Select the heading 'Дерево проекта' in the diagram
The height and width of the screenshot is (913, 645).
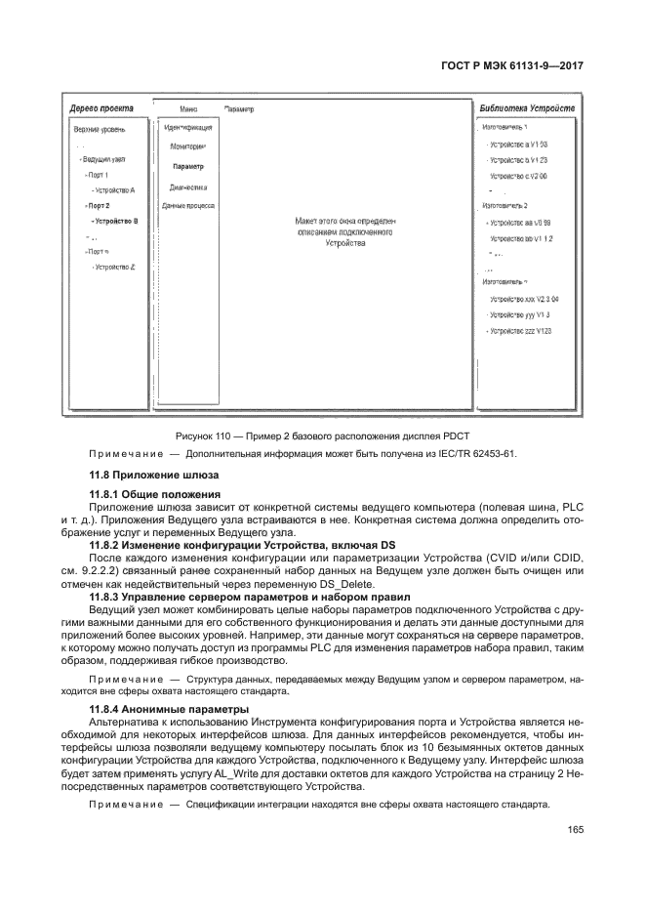click(x=101, y=107)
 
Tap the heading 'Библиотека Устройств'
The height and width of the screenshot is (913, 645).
click(x=528, y=107)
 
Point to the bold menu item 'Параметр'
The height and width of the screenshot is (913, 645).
click(x=187, y=167)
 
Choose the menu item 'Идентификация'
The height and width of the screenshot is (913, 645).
click(x=187, y=128)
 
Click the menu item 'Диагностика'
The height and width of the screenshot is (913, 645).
click(x=187, y=187)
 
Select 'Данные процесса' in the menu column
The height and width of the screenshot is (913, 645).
click(x=187, y=206)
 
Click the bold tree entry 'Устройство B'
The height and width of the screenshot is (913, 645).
click(x=116, y=222)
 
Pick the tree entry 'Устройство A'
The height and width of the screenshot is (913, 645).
click(x=114, y=190)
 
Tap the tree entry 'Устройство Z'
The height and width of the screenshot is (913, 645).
click(x=114, y=267)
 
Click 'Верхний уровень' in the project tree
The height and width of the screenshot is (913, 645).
click(x=100, y=129)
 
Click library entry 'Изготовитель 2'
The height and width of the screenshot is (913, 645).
click(x=504, y=206)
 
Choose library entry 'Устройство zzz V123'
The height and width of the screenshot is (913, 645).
click(x=520, y=332)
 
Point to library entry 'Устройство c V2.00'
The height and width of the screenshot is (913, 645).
click(x=518, y=176)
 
